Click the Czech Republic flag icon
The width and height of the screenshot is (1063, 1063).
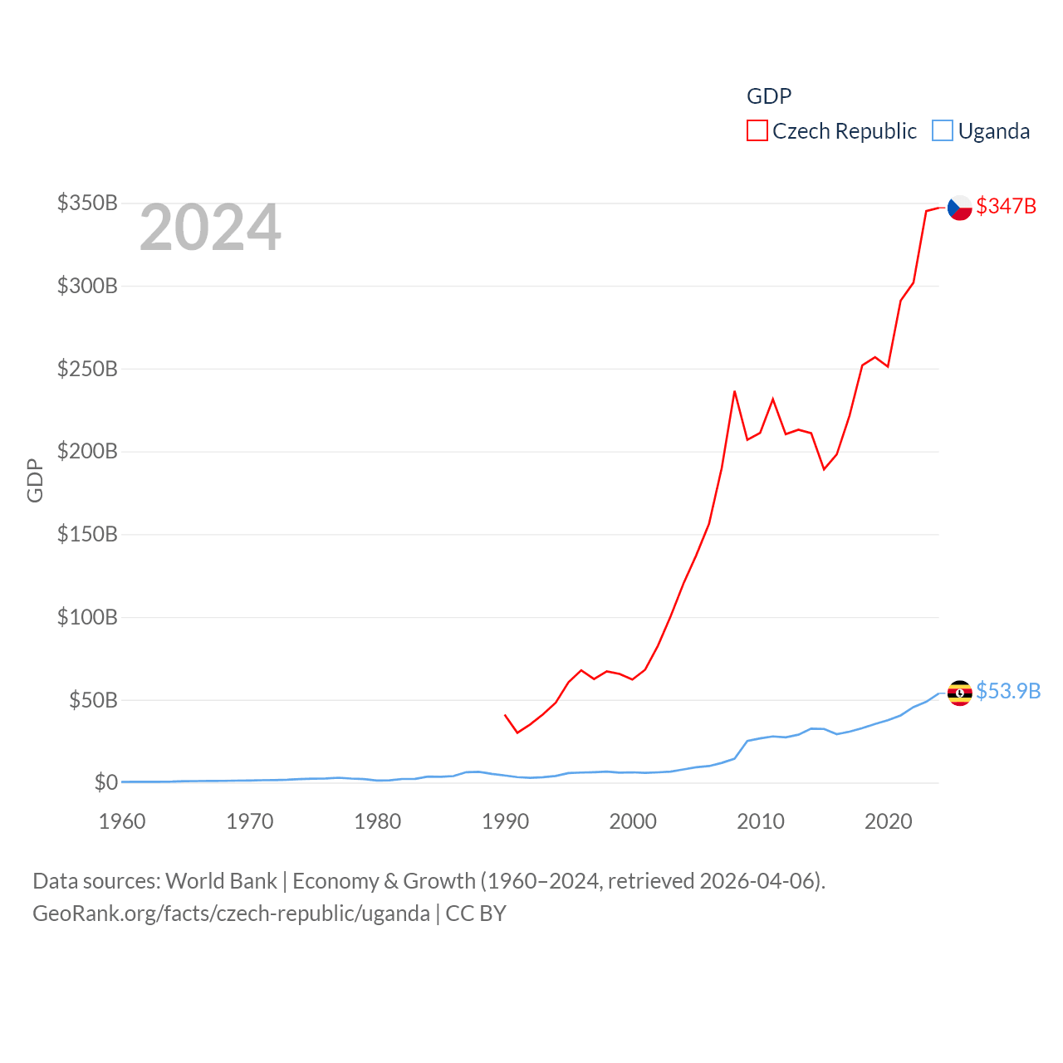coord(960,208)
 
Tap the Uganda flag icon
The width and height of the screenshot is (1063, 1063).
coord(960,693)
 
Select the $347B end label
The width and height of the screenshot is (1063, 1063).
coord(1007,206)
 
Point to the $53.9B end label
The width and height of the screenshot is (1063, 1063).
coord(1008,691)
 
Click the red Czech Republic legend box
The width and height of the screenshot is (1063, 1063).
coord(757,130)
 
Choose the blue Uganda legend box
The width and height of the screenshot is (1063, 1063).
coord(943,130)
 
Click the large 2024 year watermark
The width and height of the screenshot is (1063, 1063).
coord(210,228)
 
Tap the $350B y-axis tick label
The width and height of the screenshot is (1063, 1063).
coord(87,203)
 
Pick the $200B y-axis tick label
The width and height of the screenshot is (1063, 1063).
coord(87,451)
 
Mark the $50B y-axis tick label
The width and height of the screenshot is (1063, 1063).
coord(93,700)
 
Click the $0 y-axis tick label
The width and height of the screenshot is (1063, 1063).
coord(106,782)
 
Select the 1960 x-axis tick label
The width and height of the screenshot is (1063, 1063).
coord(122,821)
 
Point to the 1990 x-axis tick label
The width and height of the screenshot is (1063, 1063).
coord(505,821)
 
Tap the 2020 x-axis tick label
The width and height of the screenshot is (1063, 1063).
coord(889,821)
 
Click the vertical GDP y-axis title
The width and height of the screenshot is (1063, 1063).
coord(35,480)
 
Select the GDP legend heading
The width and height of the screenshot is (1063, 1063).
coord(769,96)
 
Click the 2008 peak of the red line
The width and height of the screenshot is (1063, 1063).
coord(734,391)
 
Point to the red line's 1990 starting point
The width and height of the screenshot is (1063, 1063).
coord(505,714)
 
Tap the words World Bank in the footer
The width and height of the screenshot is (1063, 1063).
coord(221,880)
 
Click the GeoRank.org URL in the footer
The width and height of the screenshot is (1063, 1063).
coord(231,914)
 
